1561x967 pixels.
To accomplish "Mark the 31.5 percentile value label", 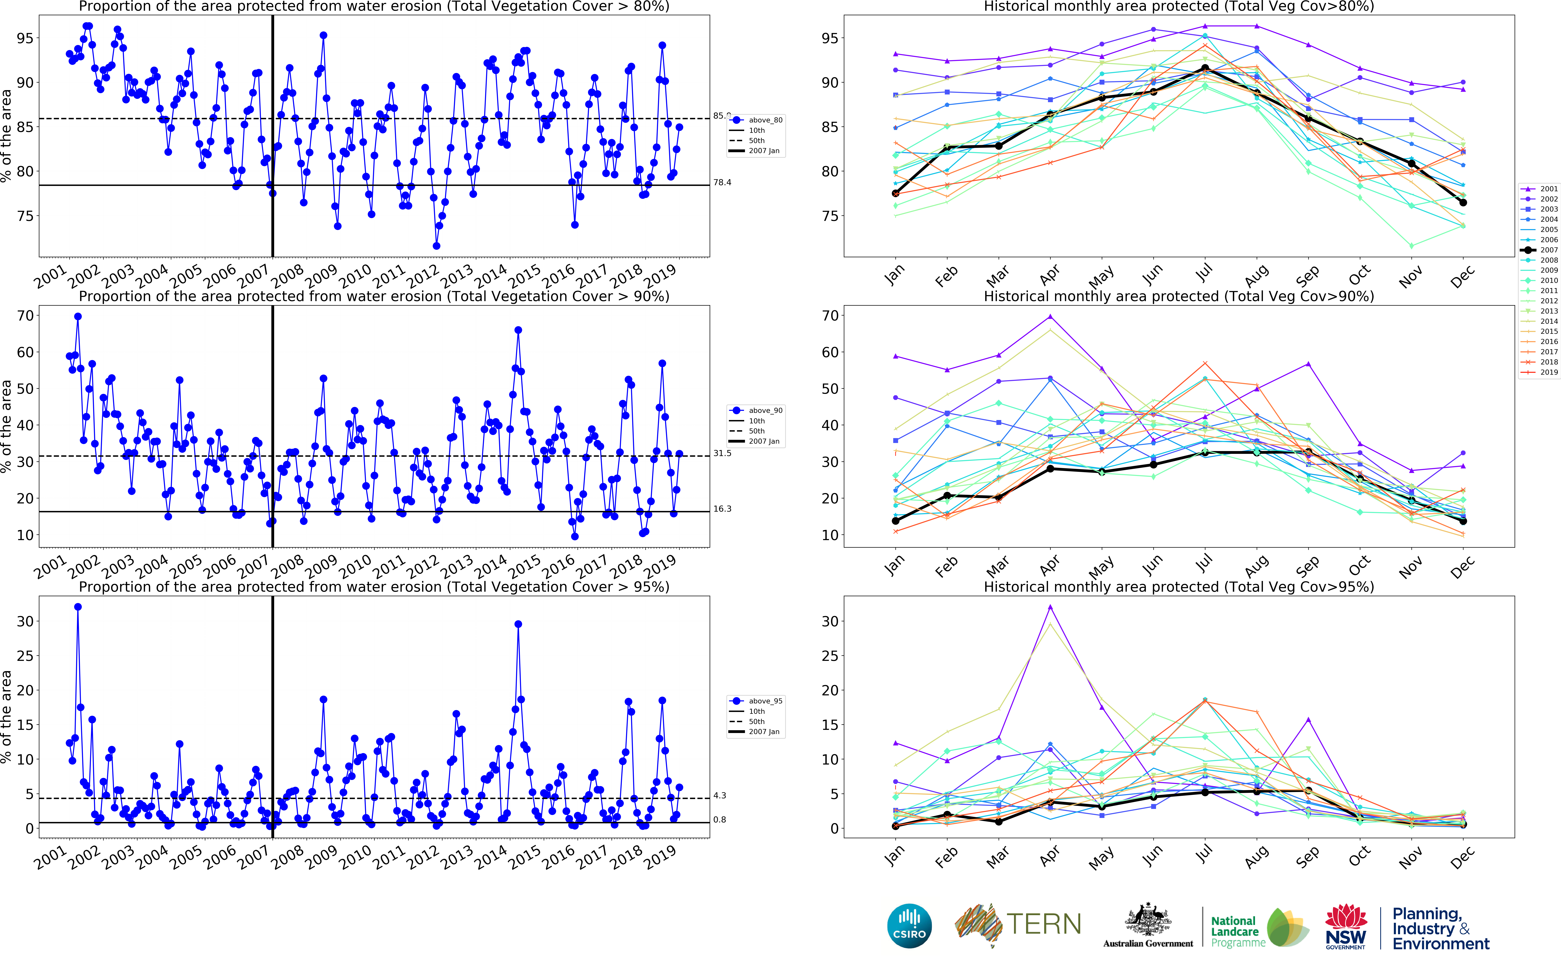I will click(722, 454).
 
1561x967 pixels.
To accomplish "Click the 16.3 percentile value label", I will click(722, 509).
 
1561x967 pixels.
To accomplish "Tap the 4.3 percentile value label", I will click(719, 796).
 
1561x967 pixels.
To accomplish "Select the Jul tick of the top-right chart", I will click(1204, 274).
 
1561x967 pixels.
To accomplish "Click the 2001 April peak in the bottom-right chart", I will click(1050, 607).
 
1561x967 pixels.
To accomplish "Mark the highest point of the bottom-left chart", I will click(78, 607).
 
